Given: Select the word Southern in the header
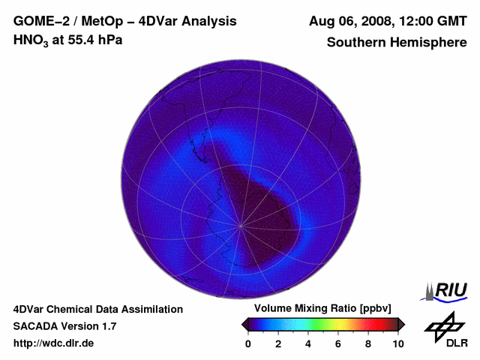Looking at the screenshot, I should point(355,42).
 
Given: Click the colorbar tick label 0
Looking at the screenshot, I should point(248,343).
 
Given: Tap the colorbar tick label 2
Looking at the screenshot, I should point(278,343).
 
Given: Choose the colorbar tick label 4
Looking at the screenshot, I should point(308,343).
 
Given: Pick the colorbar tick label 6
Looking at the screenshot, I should point(338,343).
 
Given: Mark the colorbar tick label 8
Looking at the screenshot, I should point(368,343).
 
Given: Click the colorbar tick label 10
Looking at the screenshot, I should point(397,343).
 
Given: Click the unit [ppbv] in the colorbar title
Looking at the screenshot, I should point(381,309).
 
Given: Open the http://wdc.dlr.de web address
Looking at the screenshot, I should point(54,343).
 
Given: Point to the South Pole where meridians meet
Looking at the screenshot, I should point(241,224).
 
